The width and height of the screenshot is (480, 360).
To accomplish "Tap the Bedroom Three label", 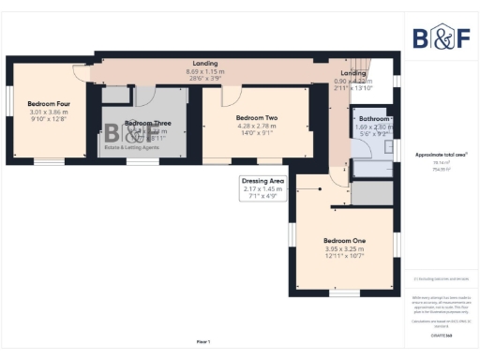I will pos(148,124).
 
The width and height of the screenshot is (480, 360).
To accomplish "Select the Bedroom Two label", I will pos(257,117).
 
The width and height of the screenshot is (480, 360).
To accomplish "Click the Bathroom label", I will pos(375,120).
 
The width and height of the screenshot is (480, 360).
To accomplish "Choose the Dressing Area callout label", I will pos(263,180).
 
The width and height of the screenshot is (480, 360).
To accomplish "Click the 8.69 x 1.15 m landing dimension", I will pos(205,72).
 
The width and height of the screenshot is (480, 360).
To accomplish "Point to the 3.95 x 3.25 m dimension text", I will pos(345,248).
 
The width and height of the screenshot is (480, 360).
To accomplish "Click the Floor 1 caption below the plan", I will pos(202,340).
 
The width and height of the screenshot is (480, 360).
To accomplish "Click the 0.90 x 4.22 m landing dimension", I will pos(353,82).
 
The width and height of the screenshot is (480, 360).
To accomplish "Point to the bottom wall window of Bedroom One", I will pos(344,292).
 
